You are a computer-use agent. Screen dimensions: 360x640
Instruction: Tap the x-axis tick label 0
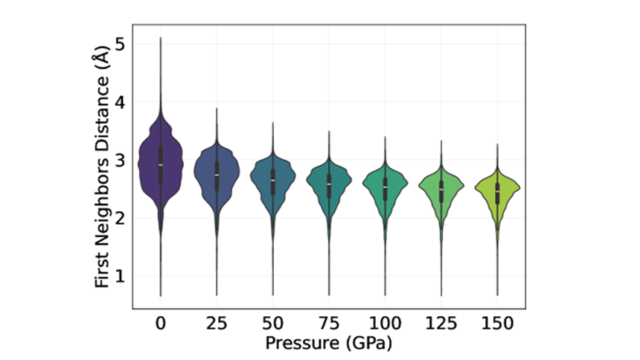pos(161,325)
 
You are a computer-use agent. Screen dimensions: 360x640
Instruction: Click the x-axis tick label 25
pos(217,325)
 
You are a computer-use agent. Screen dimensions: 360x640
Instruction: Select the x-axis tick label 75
pos(329,325)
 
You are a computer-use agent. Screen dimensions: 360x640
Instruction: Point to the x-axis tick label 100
pos(385,325)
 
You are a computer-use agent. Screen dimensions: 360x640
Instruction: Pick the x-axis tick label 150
pos(497,325)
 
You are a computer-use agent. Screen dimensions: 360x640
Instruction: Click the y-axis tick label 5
pos(120,45)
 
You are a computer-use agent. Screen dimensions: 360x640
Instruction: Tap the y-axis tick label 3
pos(120,161)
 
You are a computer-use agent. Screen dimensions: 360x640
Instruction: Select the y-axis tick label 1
pos(120,276)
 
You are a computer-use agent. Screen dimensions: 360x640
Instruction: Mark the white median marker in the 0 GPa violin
pos(161,164)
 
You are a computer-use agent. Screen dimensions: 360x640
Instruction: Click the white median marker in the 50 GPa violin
pos(273,181)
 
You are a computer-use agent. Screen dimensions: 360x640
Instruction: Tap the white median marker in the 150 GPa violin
pos(497,191)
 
